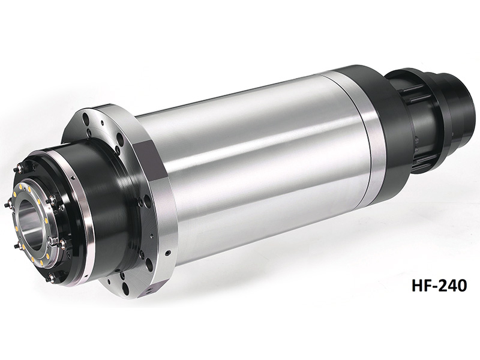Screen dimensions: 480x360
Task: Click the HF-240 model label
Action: (x=439, y=286)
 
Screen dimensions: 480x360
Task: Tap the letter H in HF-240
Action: (x=417, y=286)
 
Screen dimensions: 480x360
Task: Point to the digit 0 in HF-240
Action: (x=462, y=286)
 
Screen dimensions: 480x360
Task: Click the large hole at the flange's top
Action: (x=86, y=117)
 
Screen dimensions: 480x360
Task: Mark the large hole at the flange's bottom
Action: (x=125, y=287)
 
